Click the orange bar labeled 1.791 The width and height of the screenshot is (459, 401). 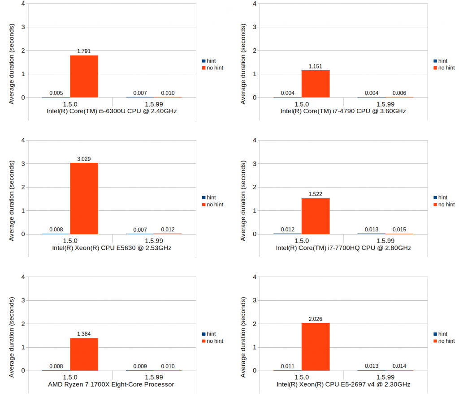click(x=84, y=76)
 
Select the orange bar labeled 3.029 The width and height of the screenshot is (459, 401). click(x=84, y=198)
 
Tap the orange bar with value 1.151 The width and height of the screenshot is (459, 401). click(x=316, y=84)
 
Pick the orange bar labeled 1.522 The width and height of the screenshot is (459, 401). click(x=316, y=216)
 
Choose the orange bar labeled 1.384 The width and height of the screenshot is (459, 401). click(x=84, y=354)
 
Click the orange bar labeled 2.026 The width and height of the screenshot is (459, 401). click(x=316, y=347)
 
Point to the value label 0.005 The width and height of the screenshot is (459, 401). click(x=56, y=93)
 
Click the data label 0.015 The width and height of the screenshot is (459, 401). click(x=399, y=230)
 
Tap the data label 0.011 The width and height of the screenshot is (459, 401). click(x=288, y=366)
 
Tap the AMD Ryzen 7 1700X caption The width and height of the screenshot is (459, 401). click(x=111, y=384)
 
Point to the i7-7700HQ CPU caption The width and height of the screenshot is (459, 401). click(x=343, y=247)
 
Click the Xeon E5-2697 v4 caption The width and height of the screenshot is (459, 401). click(x=343, y=384)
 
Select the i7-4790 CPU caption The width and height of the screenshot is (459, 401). click(x=343, y=111)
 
